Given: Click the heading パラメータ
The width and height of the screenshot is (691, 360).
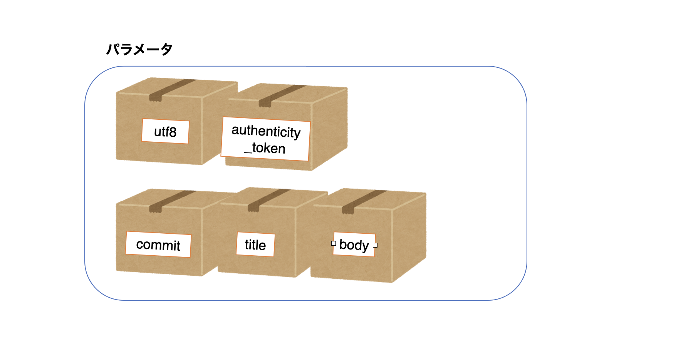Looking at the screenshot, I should coord(139,49).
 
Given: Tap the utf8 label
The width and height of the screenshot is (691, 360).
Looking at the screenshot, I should coord(165,132).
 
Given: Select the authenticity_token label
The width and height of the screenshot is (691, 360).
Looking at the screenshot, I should coord(266,139).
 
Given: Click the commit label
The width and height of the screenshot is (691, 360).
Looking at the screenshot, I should coord(158,244).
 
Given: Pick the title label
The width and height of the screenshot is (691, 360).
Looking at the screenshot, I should coord(255,244).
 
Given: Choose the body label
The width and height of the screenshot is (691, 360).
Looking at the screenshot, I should coord(354,244).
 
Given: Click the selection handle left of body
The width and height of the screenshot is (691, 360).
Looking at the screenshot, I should coord(334,243).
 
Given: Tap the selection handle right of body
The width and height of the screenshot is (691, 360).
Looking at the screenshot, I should coord(375,245).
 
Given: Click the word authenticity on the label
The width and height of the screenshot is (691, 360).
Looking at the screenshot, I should coord(266,131).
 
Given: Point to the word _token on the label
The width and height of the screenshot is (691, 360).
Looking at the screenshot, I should coord(265,148).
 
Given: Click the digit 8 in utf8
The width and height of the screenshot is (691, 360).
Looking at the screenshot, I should coord(173,132).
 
